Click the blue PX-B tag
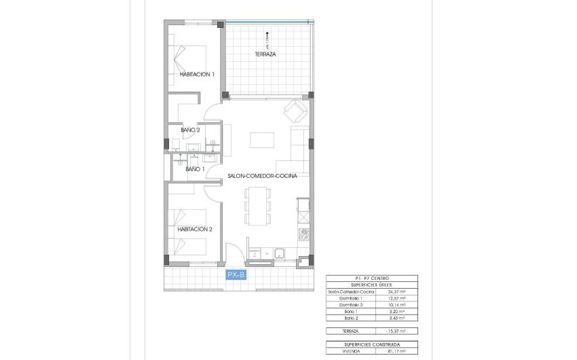click(236, 274)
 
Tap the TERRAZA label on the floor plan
click(265, 54)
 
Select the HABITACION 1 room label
click(197, 74)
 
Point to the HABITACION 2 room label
click(195, 229)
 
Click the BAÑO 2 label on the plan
click(190, 129)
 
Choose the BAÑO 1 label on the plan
click(193, 169)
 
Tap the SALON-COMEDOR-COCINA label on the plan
click(262, 175)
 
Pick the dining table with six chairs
click(257, 205)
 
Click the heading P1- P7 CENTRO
click(372, 278)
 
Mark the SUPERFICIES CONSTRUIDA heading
click(372, 344)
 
